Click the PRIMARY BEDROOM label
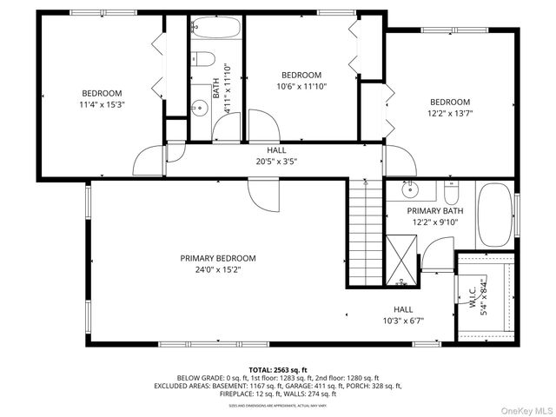pos(218,258)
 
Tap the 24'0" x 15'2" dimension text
pos(218,270)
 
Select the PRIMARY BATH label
pos(435,210)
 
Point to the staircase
pos(366,230)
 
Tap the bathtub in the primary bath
pos(495,214)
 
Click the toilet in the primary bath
pos(450,189)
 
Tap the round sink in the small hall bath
pos(199,109)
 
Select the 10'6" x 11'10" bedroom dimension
pos(301,87)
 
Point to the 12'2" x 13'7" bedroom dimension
pos(449,113)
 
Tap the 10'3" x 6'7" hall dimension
pos(403,321)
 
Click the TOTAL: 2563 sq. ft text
pos(278,369)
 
